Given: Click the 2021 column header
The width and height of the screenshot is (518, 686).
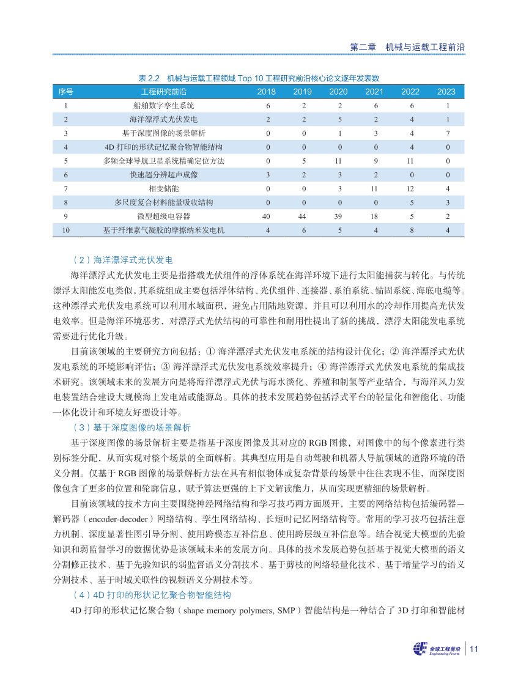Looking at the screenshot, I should point(374,92).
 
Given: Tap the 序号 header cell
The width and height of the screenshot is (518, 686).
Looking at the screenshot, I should point(65,92).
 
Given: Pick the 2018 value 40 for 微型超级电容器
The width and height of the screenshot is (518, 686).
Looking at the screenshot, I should point(266,216).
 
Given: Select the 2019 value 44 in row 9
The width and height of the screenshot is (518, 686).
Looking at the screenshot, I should point(302,216).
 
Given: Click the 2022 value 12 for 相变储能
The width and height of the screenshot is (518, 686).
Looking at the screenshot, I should point(410,188).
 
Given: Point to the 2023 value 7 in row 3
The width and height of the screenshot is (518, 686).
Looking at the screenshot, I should point(448,133).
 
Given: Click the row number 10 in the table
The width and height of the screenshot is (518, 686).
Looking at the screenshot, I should point(65,230).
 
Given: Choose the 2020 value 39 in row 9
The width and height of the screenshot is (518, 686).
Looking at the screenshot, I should point(338,216).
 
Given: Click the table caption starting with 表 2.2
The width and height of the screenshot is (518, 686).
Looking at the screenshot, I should point(259,78).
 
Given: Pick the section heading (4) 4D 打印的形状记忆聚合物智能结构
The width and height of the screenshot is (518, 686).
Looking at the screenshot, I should point(155,595).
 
